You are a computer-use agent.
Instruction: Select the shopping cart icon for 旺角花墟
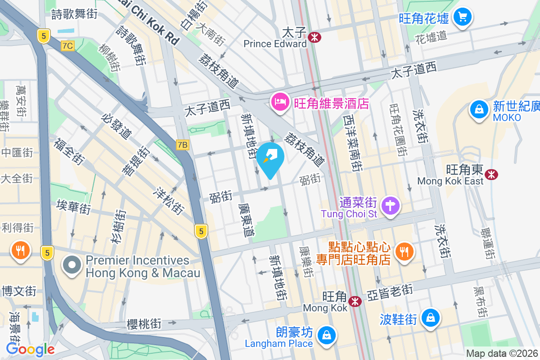click(462, 18)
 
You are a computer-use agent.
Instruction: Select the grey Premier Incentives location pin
click(72, 265)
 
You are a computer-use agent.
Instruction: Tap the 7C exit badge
click(67, 45)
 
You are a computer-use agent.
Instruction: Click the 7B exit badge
click(182, 145)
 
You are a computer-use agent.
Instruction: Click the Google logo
click(31, 349)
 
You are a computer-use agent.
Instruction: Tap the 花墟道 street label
click(431, 36)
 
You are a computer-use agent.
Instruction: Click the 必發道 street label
click(117, 126)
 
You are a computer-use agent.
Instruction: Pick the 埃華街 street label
click(73, 207)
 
